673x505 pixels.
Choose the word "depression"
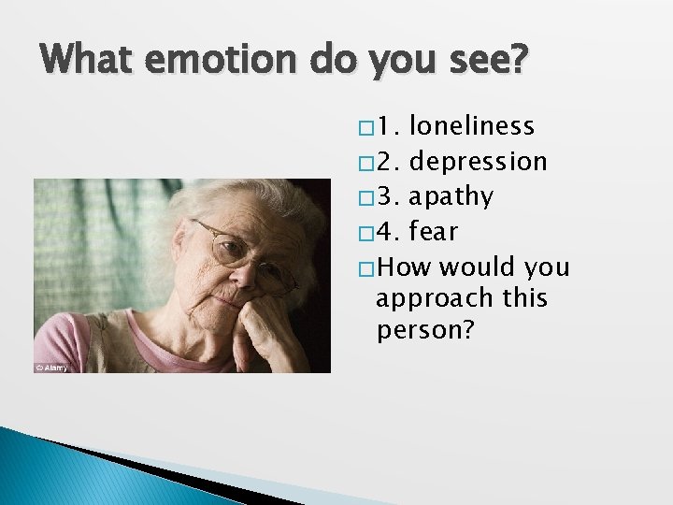pos(479,161)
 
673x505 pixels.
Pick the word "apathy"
pos(451,196)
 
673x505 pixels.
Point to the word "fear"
pos(434,231)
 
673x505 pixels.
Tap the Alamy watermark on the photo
pos(52,367)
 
